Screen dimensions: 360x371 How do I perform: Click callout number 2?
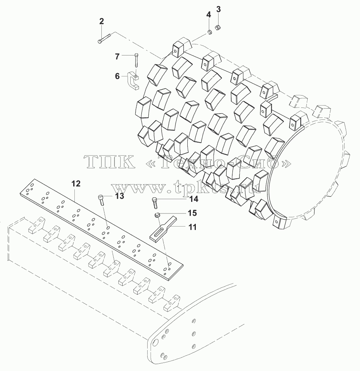(101, 22)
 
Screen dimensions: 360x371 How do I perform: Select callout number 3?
(219, 10)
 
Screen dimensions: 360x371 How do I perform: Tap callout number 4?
(209, 15)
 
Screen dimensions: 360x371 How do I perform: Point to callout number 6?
(118, 76)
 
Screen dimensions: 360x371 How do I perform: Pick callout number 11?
(193, 227)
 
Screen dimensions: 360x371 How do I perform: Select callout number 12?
(76, 184)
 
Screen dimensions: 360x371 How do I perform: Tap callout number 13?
(120, 196)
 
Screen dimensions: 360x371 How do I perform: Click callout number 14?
(194, 199)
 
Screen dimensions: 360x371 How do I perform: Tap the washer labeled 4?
(210, 32)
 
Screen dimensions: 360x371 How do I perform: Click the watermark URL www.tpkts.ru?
(185, 186)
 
